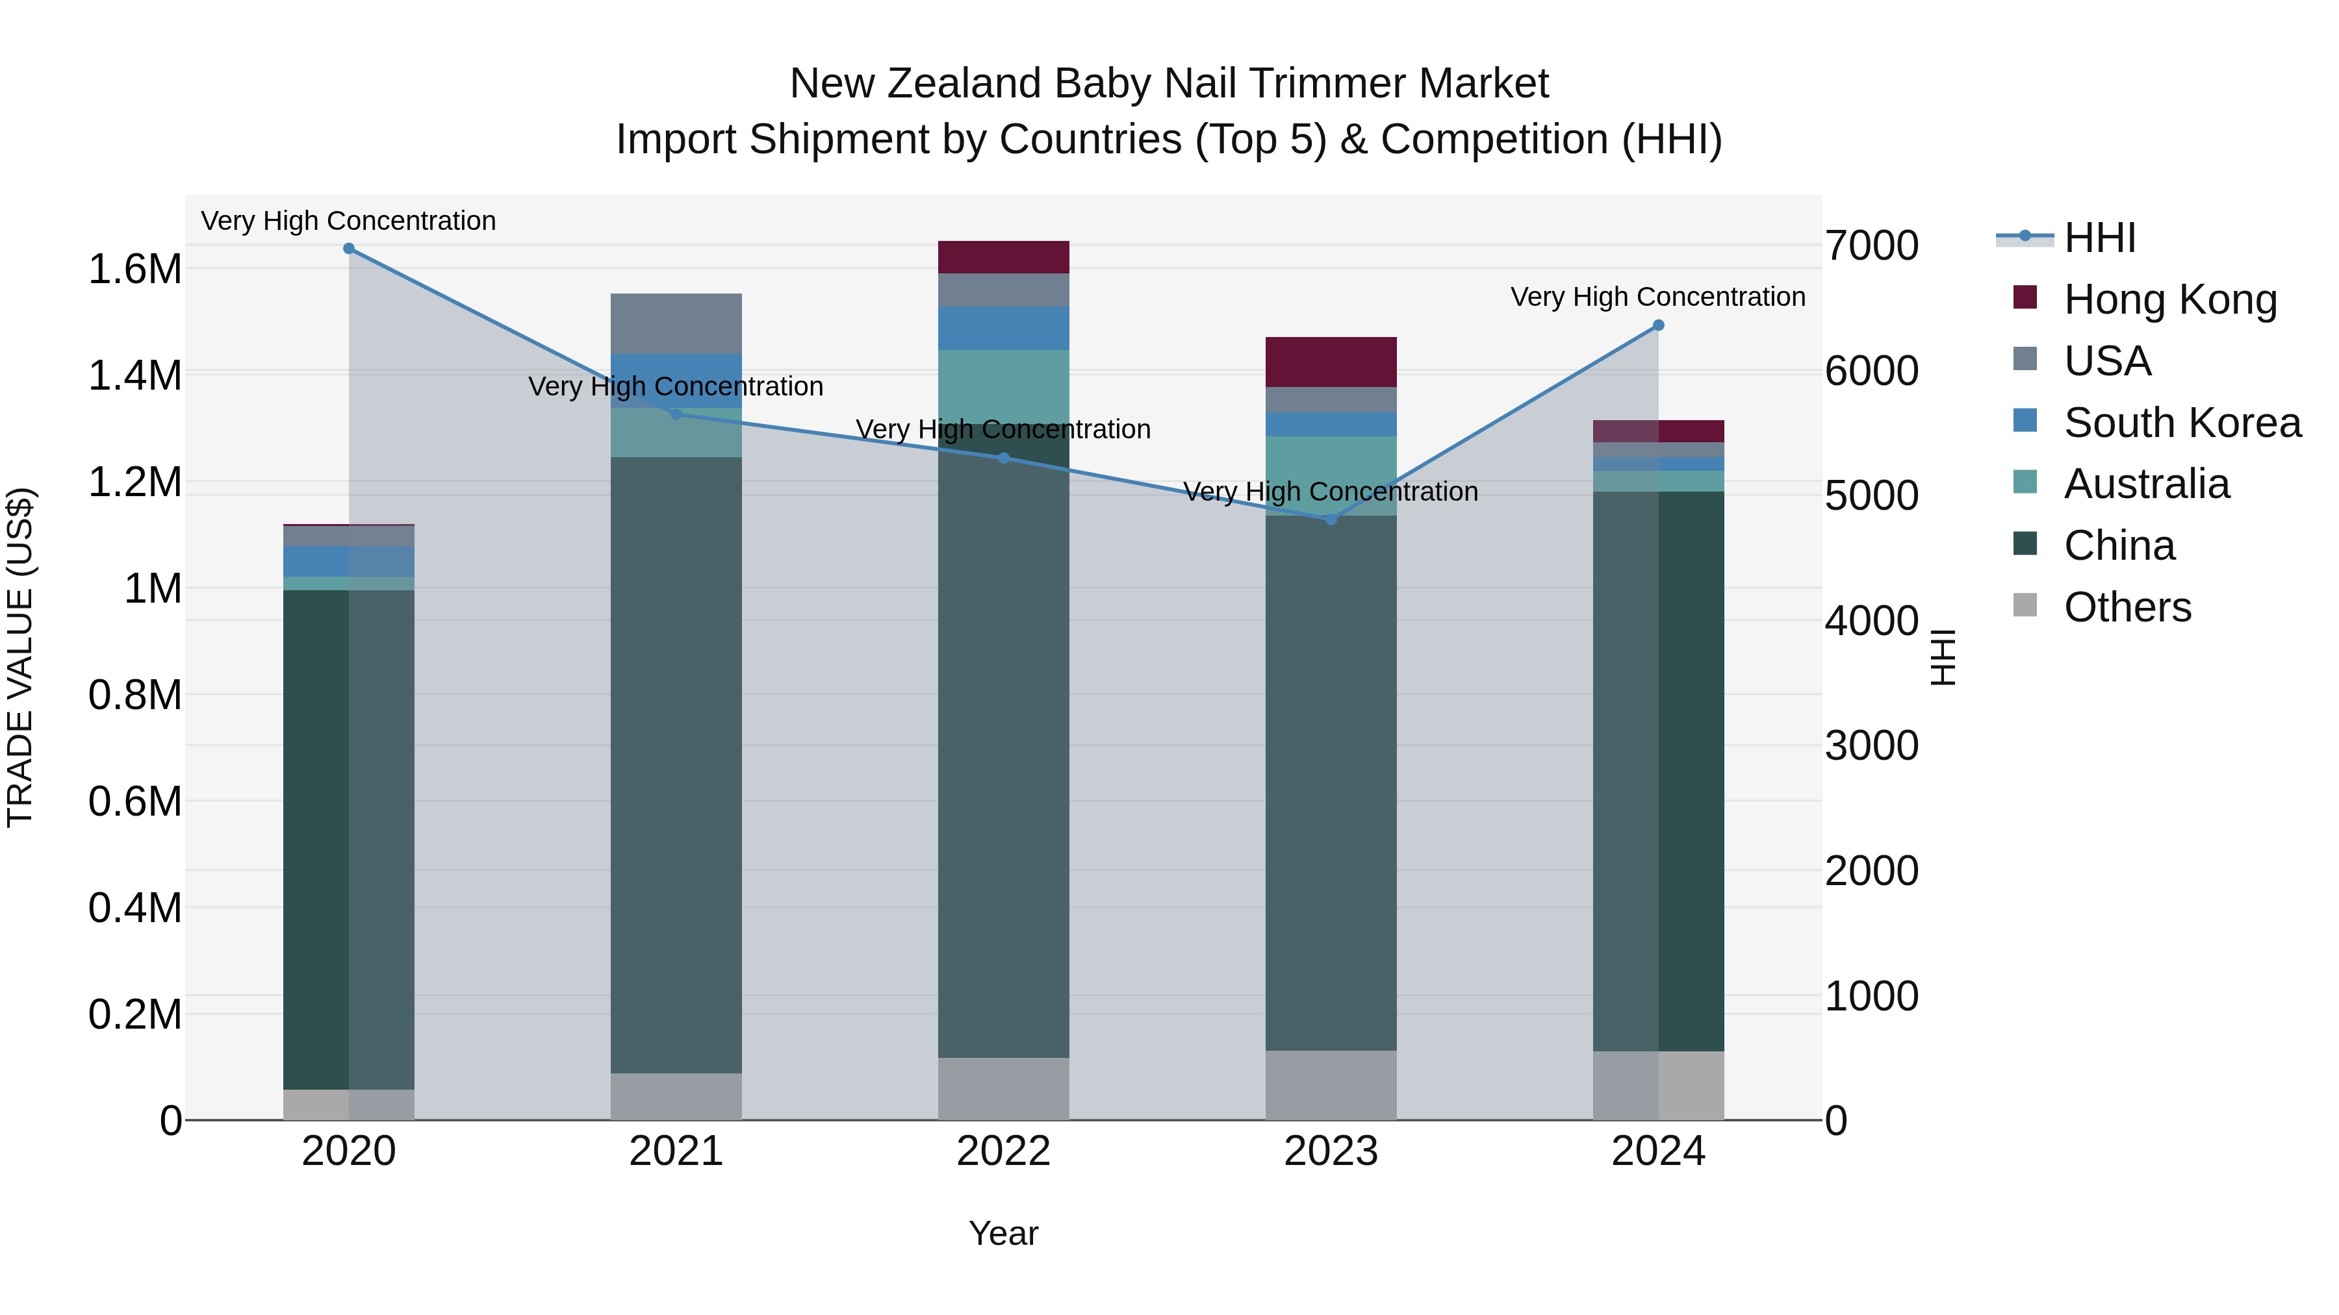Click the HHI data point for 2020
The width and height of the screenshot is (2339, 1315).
click(349, 249)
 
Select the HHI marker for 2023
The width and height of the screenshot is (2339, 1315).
click(1331, 519)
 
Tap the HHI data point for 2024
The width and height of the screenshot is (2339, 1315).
click(1658, 325)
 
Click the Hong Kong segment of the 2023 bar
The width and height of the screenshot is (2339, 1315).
click(1331, 362)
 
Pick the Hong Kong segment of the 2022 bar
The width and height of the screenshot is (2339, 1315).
click(1003, 257)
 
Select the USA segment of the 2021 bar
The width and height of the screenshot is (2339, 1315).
click(676, 323)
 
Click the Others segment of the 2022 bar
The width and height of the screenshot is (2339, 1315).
click(1003, 1088)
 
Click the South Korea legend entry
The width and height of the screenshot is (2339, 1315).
click(2182, 423)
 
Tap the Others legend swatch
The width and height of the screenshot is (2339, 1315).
click(2025, 605)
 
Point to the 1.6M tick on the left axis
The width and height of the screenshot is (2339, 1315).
click(134, 269)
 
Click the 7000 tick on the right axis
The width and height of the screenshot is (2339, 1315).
click(1872, 246)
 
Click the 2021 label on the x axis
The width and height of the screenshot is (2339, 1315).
click(676, 1151)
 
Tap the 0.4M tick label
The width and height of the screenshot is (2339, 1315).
click(134, 908)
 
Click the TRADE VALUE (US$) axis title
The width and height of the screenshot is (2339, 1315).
click(20, 657)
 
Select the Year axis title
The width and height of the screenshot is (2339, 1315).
click(1003, 1233)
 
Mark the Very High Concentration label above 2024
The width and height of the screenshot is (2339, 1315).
click(1658, 297)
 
